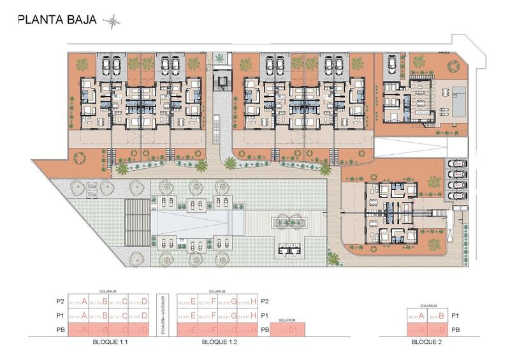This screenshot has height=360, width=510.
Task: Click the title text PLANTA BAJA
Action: [57, 20]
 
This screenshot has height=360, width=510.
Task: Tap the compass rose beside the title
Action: [112, 20]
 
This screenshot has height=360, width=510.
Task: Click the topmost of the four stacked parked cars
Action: [455, 164]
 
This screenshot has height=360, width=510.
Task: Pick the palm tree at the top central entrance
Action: [220, 59]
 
